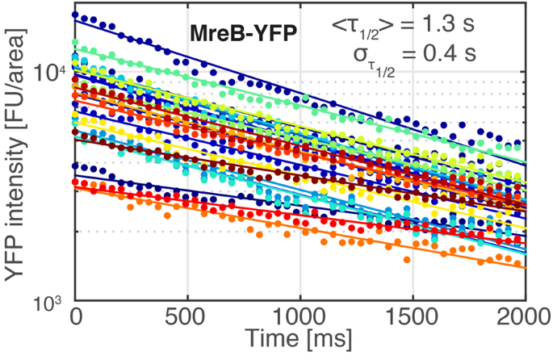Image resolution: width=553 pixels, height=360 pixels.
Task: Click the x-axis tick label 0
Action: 75,315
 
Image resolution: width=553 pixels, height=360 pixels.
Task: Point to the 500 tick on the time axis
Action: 187,315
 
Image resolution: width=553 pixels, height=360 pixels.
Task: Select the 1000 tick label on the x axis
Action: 300,315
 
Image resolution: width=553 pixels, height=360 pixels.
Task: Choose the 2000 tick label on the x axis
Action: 523,315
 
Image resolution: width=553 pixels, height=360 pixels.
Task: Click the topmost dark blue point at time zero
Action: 76,15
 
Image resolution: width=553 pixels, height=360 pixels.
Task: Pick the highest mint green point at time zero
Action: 76,42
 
